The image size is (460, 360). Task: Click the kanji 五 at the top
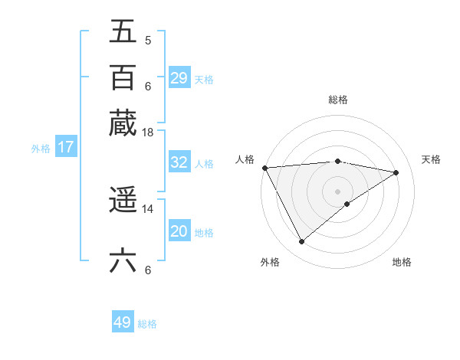click(x=123, y=32)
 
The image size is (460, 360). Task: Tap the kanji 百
click(x=123, y=77)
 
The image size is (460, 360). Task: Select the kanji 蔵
click(x=123, y=123)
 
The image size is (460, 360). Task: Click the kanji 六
click(x=123, y=260)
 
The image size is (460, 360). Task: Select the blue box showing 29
click(x=179, y=78)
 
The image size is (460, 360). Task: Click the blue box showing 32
click(x=179, y=162)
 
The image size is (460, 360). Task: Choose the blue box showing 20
click(x=179, y=231)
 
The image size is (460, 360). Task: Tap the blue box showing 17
click(x=66, y=147)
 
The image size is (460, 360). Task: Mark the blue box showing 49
click(x=123, y=322)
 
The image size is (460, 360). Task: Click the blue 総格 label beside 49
click(x=147, y=324)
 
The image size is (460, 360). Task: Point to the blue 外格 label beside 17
click(x=41, y=149)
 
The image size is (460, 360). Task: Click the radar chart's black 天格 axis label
click(x=431, y=159)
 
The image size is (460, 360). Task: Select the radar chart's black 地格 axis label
click(x=402, y=262)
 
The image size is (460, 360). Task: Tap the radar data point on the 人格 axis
click(x=264, y=168)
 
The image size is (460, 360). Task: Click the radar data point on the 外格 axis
click(x=301, y=242)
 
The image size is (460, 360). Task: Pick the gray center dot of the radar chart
click(x=337, y=190)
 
